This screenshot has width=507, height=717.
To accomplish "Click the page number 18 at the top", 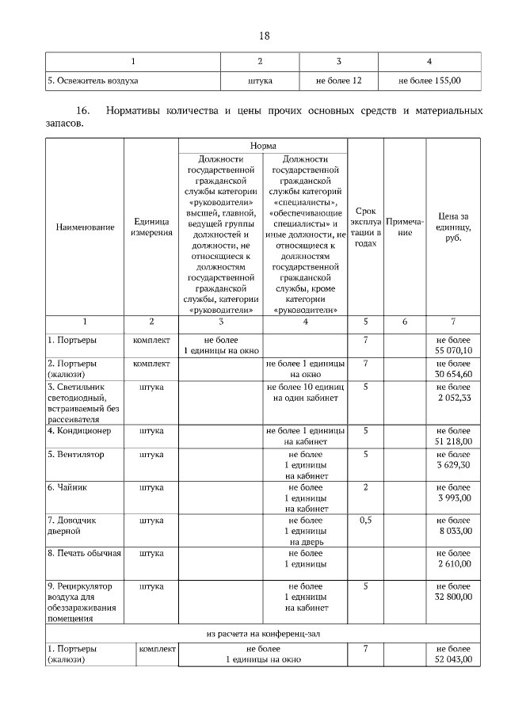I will pos(265,36).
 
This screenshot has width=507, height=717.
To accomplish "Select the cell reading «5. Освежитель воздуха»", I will pos(93,80).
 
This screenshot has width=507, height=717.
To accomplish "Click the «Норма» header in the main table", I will pos(263,147).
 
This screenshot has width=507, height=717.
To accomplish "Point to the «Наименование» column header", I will pos(85,227).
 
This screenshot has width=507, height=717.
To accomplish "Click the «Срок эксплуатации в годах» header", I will pos(365,227).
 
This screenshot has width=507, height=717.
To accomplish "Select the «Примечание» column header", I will pos(405,227).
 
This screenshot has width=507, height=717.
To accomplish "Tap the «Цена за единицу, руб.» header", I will pos(453,227).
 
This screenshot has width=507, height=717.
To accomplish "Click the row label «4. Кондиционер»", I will pos(79,431).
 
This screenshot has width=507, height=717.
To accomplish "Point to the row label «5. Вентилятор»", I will pos(75,455).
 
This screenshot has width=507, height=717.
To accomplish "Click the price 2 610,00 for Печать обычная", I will pos(453,563).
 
